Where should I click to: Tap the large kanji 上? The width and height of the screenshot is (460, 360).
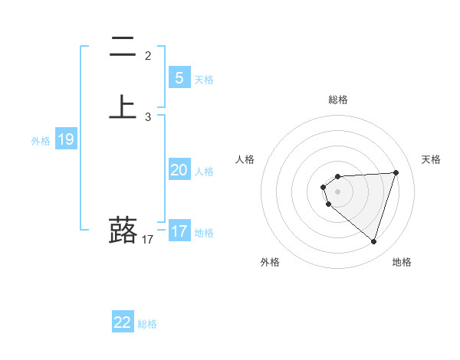(123, 106)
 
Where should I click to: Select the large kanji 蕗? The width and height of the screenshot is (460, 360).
(123, 230)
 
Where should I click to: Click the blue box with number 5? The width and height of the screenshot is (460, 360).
(179, 77)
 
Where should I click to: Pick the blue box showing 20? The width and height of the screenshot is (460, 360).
(179, 170)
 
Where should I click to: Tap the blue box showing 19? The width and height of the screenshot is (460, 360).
(66, 139)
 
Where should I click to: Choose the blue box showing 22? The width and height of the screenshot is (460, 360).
(123, 322)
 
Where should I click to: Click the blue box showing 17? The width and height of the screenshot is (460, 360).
(179, 231)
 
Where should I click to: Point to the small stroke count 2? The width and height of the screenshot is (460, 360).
(148, 55)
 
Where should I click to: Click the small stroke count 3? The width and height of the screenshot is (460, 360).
(148, 117)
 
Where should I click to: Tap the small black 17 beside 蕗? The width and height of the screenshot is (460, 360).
(148, 240)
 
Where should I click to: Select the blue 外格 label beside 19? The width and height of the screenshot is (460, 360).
(40, 141)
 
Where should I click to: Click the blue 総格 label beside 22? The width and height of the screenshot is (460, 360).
(147, 324)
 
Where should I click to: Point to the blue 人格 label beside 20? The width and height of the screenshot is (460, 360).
(205, 172)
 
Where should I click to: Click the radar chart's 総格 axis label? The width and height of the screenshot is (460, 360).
(337, 100)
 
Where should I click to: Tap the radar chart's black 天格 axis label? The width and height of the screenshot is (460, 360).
(432, 159)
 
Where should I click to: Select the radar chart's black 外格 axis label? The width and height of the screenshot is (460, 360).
(270, 262)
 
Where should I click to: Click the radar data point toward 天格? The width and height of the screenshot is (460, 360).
(396, 172)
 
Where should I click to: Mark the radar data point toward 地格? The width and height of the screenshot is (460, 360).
(373, 241)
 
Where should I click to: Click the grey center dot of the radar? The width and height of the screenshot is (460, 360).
(337, 190)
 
